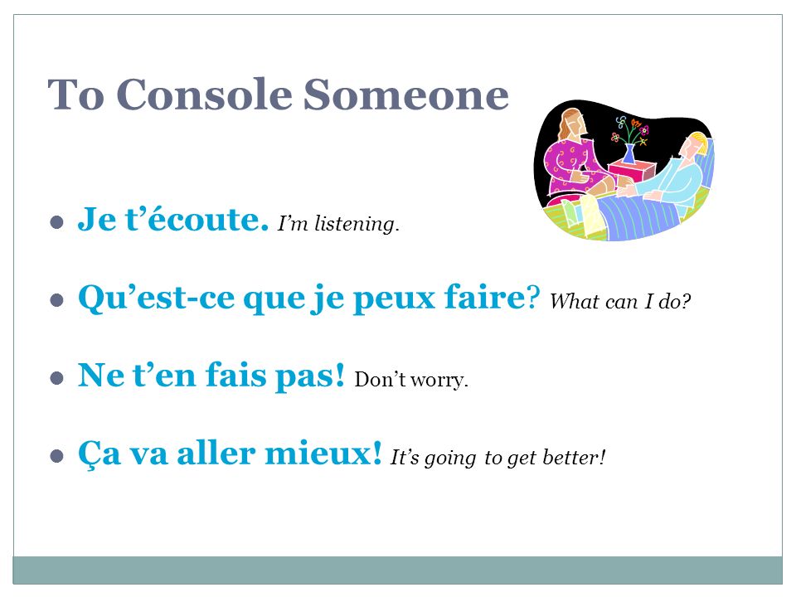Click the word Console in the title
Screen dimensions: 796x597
205,95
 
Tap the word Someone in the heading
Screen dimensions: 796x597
406,95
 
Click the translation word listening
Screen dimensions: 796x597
357,224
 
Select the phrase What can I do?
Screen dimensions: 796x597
620,301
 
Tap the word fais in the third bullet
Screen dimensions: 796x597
235,375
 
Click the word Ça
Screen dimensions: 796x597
99,454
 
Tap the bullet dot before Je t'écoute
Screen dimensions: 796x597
57,222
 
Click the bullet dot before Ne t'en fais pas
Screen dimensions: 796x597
57,378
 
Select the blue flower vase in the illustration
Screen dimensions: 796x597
629,153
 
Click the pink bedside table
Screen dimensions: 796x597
632,171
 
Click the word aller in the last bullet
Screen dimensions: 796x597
216,453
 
